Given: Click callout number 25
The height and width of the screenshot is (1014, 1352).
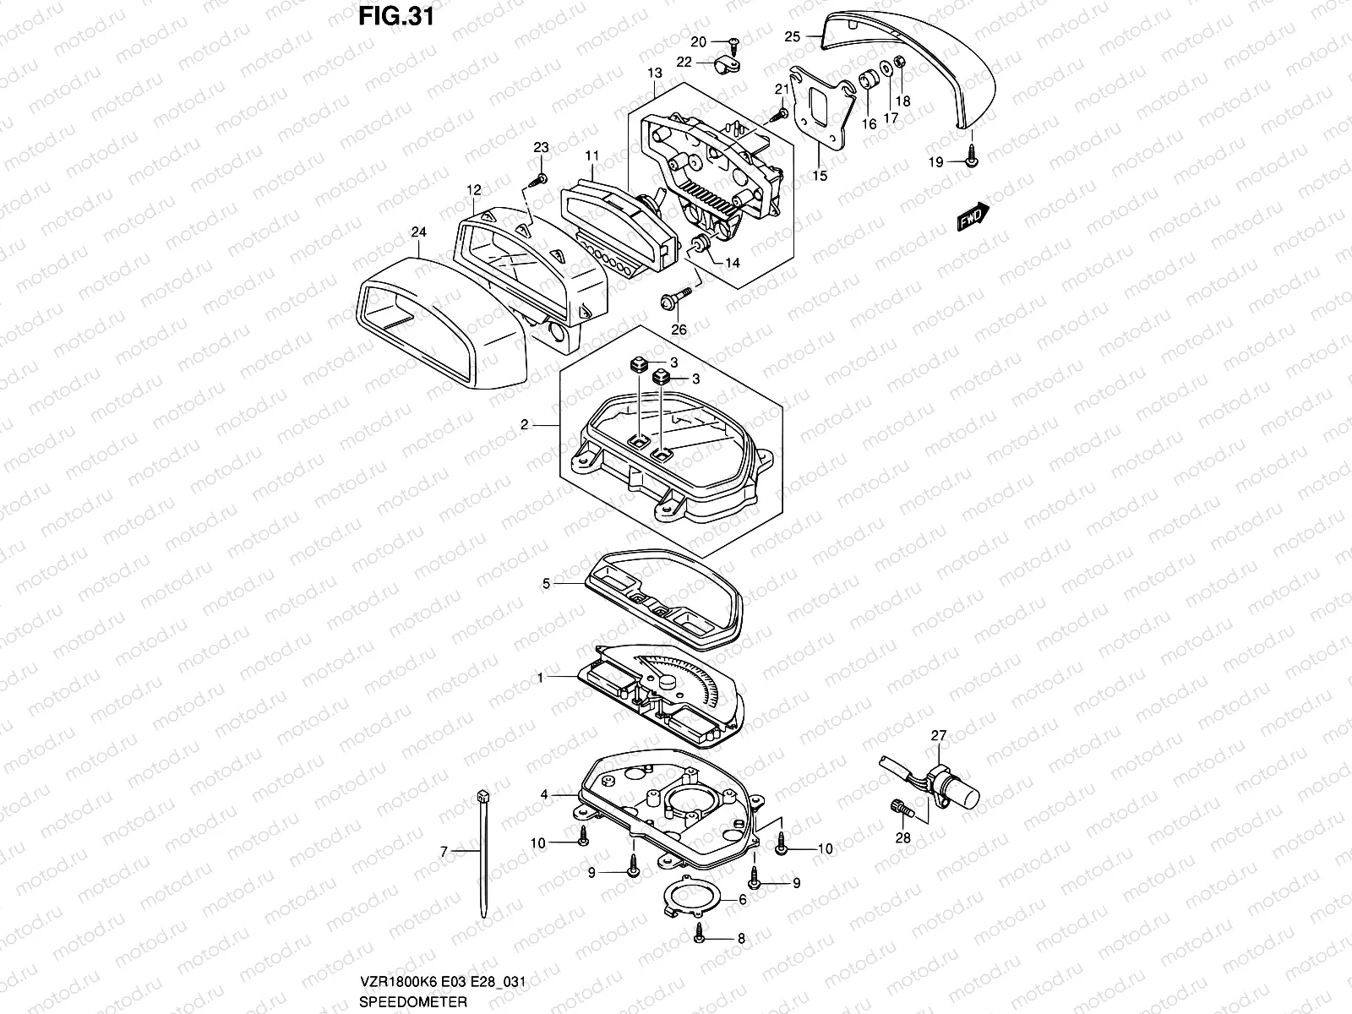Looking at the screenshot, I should (x=792, y=36).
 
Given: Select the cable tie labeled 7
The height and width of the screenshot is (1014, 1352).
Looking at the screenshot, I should (x=482, y=853).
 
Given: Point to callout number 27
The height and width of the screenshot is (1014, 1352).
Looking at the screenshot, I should (x=940, y=736).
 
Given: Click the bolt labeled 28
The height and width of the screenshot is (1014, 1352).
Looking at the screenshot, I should (x=902, y=810).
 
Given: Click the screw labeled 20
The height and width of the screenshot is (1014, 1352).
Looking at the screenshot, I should (x=733, y=41).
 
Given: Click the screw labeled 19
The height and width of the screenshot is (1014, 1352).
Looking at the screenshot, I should (x=972, y=160).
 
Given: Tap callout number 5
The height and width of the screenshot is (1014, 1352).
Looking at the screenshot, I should (x=546, y=584).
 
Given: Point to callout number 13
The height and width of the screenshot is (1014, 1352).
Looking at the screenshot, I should (x=654, y=74).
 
